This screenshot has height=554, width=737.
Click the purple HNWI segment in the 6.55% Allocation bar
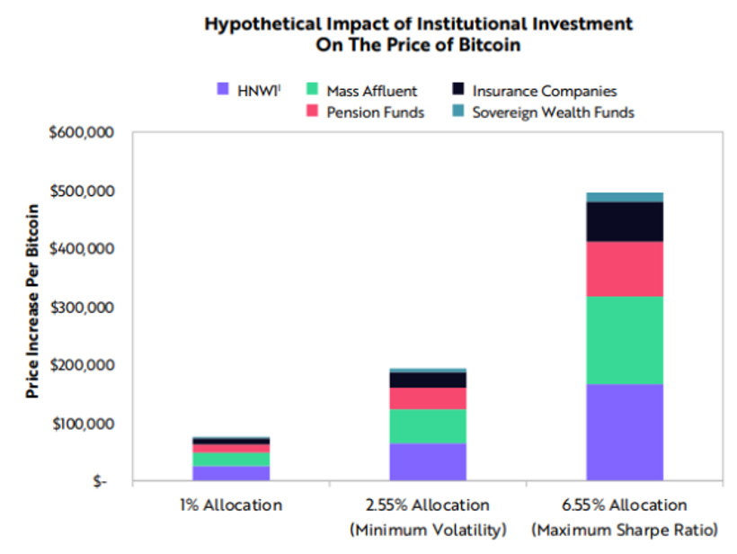click(x=624, y=433)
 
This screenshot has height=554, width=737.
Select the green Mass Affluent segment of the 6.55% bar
click(x=624, y=340)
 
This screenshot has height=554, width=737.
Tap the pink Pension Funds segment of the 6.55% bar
click(x=624, y=268)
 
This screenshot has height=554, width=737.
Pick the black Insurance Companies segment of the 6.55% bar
click(x=624, y=221)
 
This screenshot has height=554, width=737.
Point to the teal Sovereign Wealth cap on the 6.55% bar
click(x=624, y=197)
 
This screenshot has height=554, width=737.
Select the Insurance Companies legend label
click(x=545, y=91)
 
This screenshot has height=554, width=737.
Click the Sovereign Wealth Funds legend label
click(x=554, y=112)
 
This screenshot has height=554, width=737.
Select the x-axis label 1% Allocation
click(x=231, y=505)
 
